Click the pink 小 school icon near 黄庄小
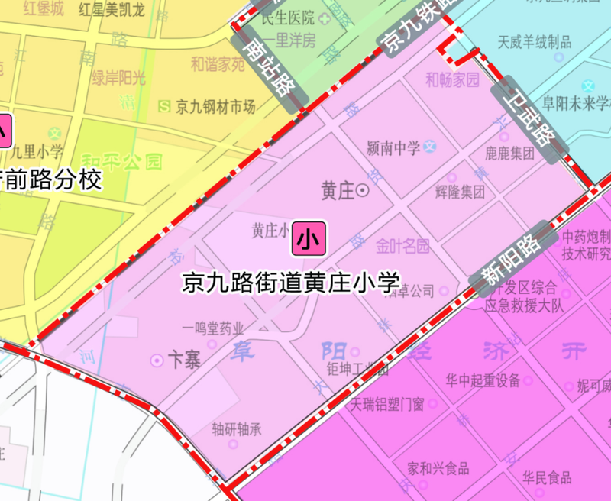tap(309, 239)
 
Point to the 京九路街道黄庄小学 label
tap(291, 282)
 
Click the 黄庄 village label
tap(338, 190)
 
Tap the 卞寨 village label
tap(183, 360)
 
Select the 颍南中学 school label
tap(393, 147)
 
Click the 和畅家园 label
tap(452, 79)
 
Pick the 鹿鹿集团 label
tap(509, 154)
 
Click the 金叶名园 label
tap(402, 246)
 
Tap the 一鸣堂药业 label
tap(213, 328)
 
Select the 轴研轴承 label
tap(237, 429)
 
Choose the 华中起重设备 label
tap(484, 380)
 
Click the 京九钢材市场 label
tap(215, 107)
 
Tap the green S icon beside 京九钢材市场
tap(163, 106)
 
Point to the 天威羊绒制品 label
tap(534, 41)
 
